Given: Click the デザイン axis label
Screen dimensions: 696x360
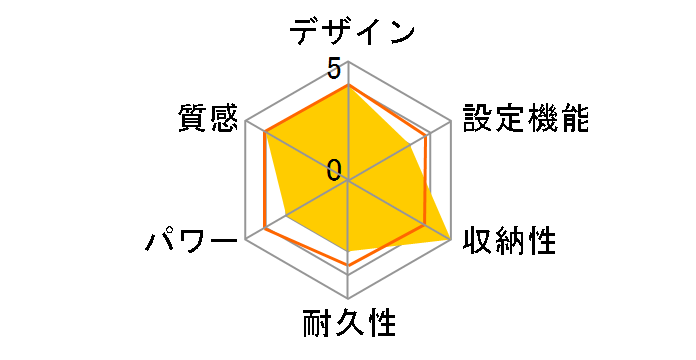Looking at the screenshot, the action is pos(352,33).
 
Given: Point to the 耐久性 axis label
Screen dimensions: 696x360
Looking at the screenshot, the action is pos(349,325).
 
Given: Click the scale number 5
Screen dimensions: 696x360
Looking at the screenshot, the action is pos(334,70).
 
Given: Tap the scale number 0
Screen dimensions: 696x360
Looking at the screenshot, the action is pos(334,169).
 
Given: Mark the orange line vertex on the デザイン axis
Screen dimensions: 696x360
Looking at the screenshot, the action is pos(348,85).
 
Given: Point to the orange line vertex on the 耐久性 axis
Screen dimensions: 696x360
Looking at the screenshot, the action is pos(348,265).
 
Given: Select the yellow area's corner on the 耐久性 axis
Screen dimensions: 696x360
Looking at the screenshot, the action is pos(348,249).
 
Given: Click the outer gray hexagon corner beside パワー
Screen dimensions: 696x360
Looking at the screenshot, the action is pos(246,240).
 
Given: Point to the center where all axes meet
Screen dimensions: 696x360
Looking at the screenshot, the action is pos(348,181).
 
